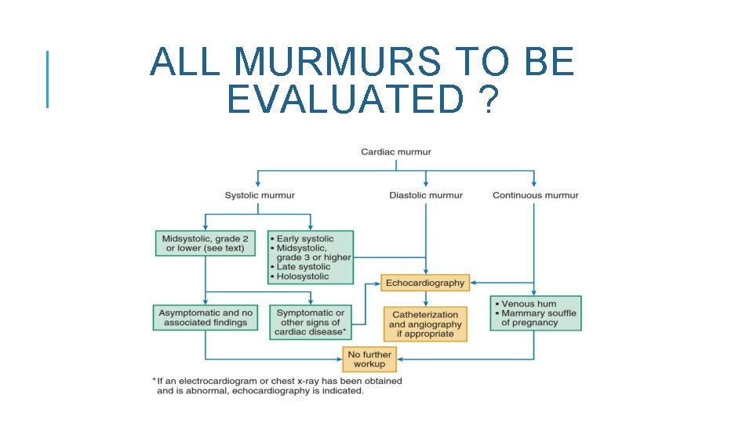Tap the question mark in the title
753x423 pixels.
point(487,99)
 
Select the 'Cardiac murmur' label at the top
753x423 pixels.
point(395,152)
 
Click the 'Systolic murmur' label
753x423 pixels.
point(260,195)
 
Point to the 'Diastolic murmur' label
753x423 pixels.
point(426,195)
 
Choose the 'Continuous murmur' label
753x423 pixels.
point(535,195)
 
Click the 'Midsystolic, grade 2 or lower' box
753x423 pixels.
point(205,244)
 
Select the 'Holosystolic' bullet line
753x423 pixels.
point(303,277)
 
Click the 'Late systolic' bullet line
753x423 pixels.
point(304,267)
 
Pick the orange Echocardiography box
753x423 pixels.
point(425,283)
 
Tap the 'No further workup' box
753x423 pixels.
point(369,360)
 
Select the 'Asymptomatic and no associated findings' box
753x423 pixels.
point(206,317)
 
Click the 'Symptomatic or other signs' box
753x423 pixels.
point(310,322)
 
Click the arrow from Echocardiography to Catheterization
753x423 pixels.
point(426,298)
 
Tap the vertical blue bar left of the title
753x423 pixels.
point(48,78)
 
